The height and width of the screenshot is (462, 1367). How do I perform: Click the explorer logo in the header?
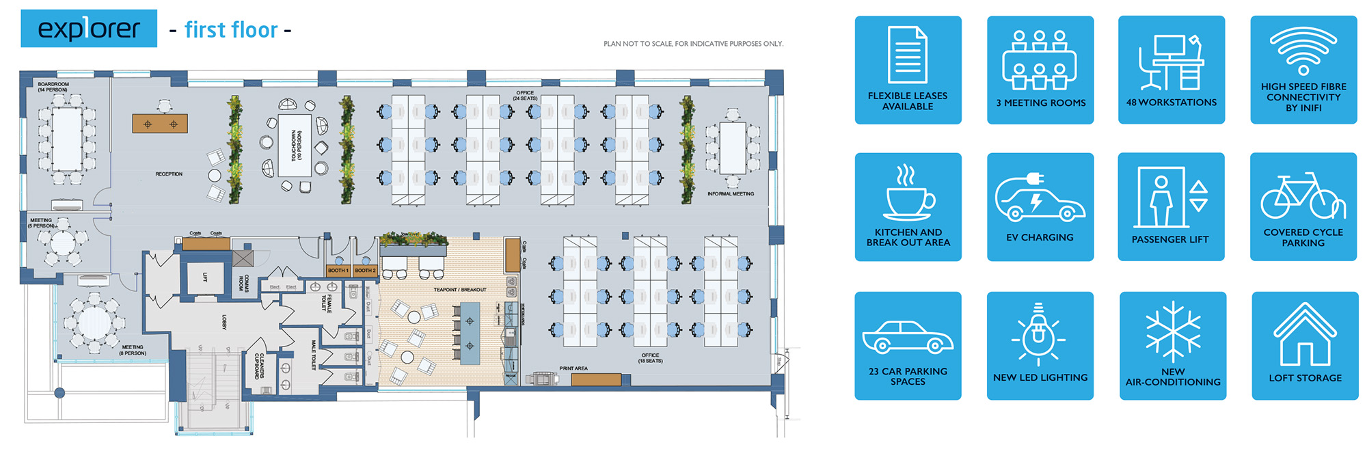[89, 29]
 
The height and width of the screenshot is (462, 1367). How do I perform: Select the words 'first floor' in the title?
[231, 30]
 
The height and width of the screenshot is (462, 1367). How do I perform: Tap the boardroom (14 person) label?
[53, 87]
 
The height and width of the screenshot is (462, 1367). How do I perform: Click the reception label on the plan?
[169, 174]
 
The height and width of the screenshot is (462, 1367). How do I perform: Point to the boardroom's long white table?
[67, 139]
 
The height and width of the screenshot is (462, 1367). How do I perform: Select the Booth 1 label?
[338, 271]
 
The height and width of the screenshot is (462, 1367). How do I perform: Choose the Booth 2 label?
[365, 271]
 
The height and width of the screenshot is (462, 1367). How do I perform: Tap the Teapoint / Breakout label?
[460, 290]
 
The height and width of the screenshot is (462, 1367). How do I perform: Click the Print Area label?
[573, 368]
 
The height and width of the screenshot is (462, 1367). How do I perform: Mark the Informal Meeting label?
[731, 194]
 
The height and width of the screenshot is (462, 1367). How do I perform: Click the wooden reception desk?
[160, 124]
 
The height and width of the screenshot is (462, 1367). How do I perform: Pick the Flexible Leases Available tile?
[908, 70]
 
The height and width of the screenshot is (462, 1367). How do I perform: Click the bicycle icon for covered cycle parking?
[1303, 196]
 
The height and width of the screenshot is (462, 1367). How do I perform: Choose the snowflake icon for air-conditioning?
[1173, 331]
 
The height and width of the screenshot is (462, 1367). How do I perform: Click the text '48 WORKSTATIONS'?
[1172, 103]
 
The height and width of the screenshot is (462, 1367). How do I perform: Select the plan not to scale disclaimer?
[693, 44]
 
